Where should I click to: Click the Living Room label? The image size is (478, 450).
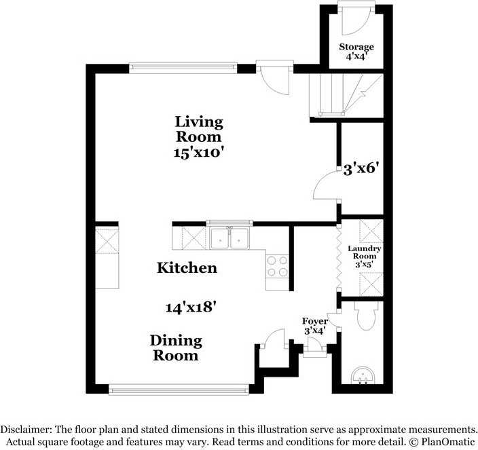[199, 129]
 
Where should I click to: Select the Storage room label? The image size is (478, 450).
[356, 47]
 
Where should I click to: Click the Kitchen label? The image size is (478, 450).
[187, 268]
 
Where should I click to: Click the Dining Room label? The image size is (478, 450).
[176, 348]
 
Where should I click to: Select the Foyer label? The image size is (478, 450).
[315, 321]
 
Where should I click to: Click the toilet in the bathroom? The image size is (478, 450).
[367, 316]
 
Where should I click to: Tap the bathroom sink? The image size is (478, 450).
[363, 375]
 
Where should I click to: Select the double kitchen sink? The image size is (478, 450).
[229, 238]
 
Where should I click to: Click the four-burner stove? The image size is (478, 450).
[277, 266]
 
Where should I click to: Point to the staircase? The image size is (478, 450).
[346, 95]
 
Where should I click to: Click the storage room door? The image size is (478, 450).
[356, 19]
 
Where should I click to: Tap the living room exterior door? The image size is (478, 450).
[275, 77]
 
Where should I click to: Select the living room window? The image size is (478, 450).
[183, 68]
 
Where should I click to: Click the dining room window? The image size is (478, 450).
[179, 389]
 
